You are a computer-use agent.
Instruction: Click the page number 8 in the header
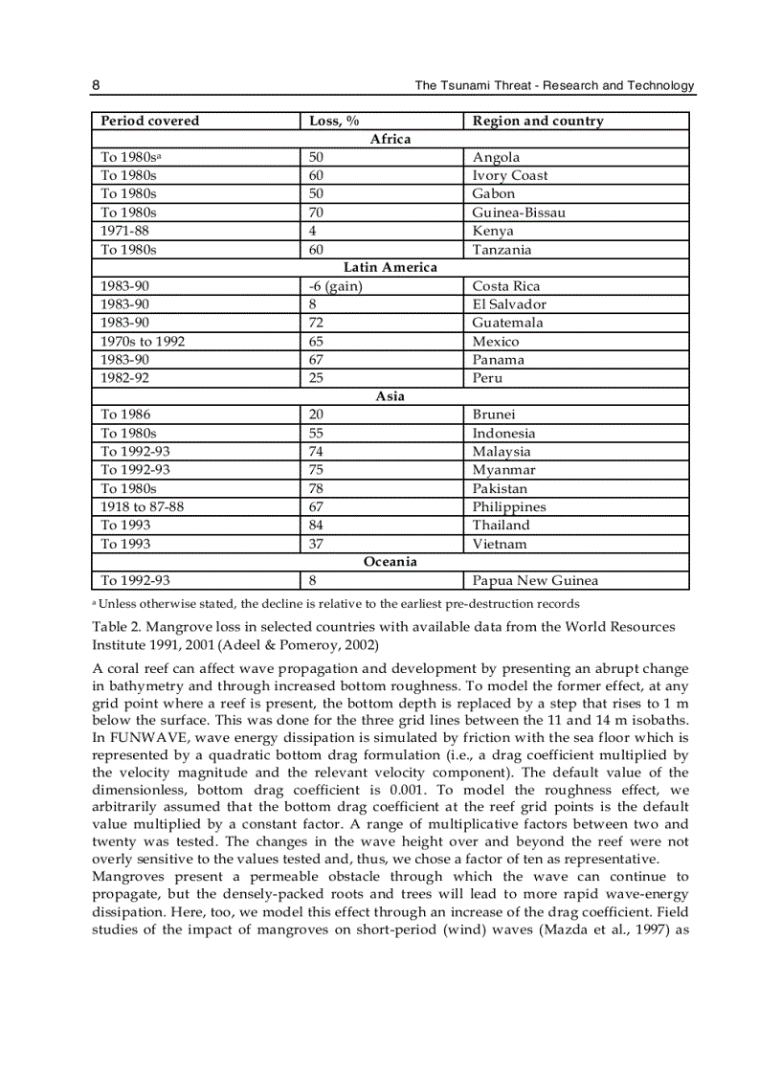tap(96, 85)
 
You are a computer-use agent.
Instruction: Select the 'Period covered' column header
tap(150, 121)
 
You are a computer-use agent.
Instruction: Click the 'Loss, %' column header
tap(334, 121)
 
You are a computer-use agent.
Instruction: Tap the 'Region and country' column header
tap(538, 121)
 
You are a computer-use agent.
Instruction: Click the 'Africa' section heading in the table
tap(390, 139)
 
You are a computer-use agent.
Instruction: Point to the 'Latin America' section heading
tap(390, 267)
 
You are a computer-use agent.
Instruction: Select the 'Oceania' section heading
tap(390, 562)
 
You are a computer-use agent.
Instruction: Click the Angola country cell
tap(496, 158)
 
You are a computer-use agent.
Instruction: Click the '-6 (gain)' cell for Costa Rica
tap(335, 286)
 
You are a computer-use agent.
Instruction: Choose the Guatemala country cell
tap(507, 323)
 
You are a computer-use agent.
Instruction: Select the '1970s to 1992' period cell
tap(143, 342)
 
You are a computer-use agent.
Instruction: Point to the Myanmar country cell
tap(503, 470)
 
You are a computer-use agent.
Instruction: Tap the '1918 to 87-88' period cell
tap(143, 507)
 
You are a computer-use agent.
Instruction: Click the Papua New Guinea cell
tap(536, 580)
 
